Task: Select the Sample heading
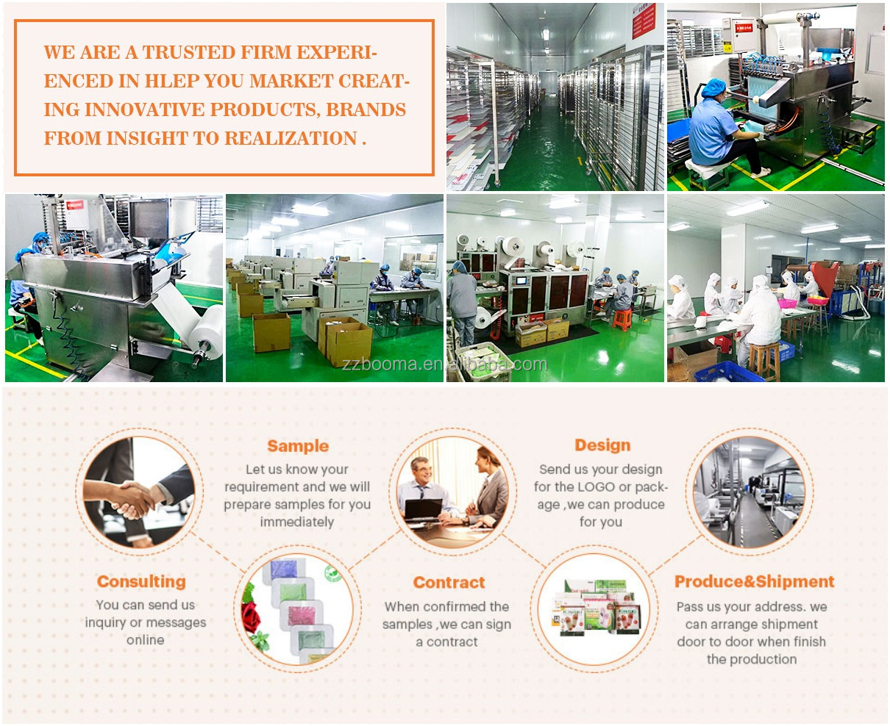point(298,446)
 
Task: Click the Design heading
point(602,445)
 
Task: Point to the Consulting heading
point(141,582)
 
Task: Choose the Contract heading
point(449,583)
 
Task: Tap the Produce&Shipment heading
point(754,582)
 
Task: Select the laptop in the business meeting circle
point(424,509)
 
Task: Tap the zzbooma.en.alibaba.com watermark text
point(444,364)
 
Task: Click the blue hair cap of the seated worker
point(713,89)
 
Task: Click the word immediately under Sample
point(297,522)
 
